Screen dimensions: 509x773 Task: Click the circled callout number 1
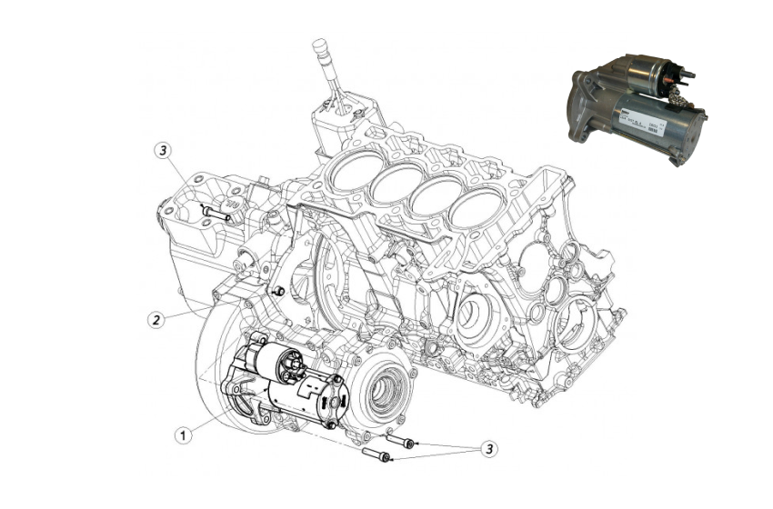[x=185, y=435]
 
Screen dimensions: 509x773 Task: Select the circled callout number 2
[x=156, y=319]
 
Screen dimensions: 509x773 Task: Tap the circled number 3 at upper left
[x=163, y=150]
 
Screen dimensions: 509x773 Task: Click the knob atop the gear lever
[x=319, y=47]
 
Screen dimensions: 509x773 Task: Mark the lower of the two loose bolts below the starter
[x=376, y=455]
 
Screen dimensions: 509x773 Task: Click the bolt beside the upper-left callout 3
[x=215, y=215]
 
